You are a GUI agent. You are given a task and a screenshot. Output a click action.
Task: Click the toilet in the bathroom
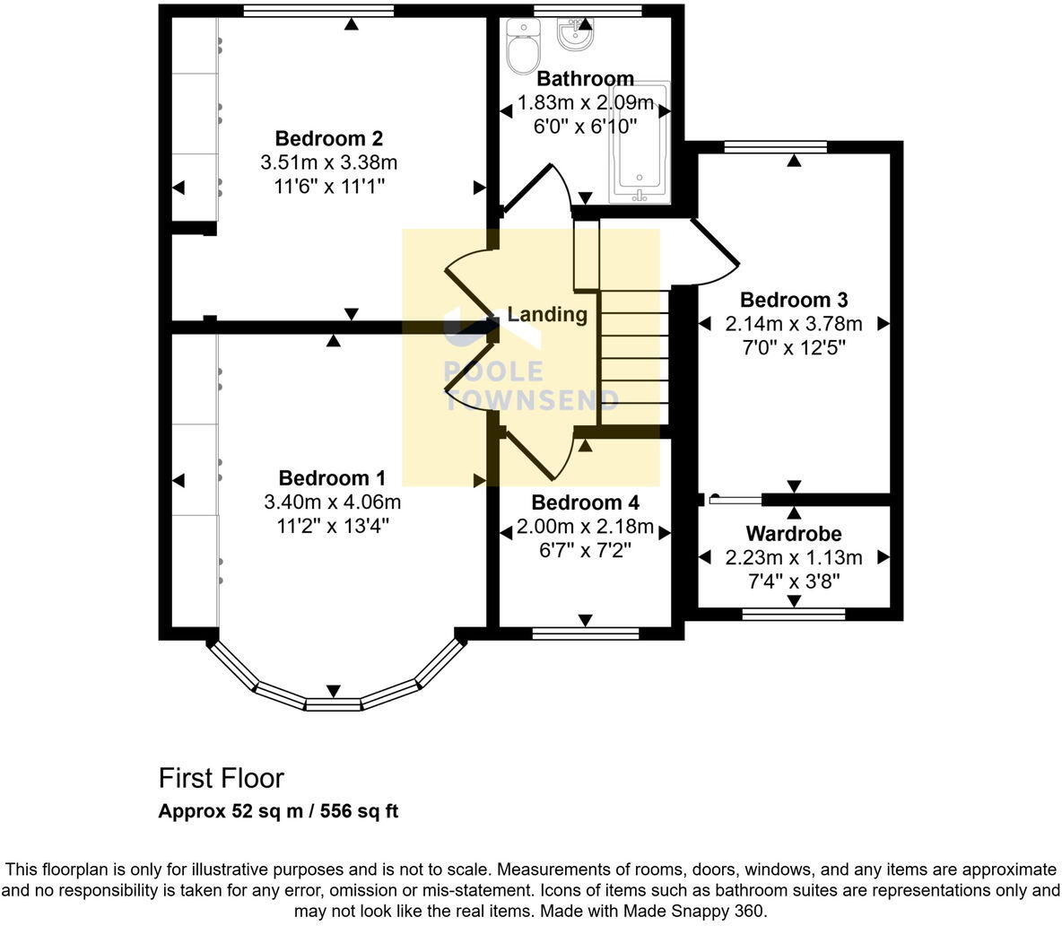click(521, 48)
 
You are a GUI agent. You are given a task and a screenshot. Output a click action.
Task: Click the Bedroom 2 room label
click(328, 139)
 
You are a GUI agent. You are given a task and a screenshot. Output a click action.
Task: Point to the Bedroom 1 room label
click(332, 477)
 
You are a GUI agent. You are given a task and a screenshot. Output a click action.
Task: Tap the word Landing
click(547, 314)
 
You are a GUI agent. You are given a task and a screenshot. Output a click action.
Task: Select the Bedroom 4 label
click(585, 502)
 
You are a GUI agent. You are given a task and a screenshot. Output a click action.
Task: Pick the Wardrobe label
click(794, 534)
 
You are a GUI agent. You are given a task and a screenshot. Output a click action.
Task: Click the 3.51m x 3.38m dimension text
click(328, 162)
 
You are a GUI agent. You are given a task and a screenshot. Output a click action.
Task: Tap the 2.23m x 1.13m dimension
click(794, 557)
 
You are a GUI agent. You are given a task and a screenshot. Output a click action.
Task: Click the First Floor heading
click(221, 777)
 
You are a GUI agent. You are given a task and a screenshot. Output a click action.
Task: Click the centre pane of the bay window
click(333, 704)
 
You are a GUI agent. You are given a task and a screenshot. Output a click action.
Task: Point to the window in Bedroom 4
click(585, 633)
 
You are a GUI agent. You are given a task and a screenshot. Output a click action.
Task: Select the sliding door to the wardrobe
click(736, 500)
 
